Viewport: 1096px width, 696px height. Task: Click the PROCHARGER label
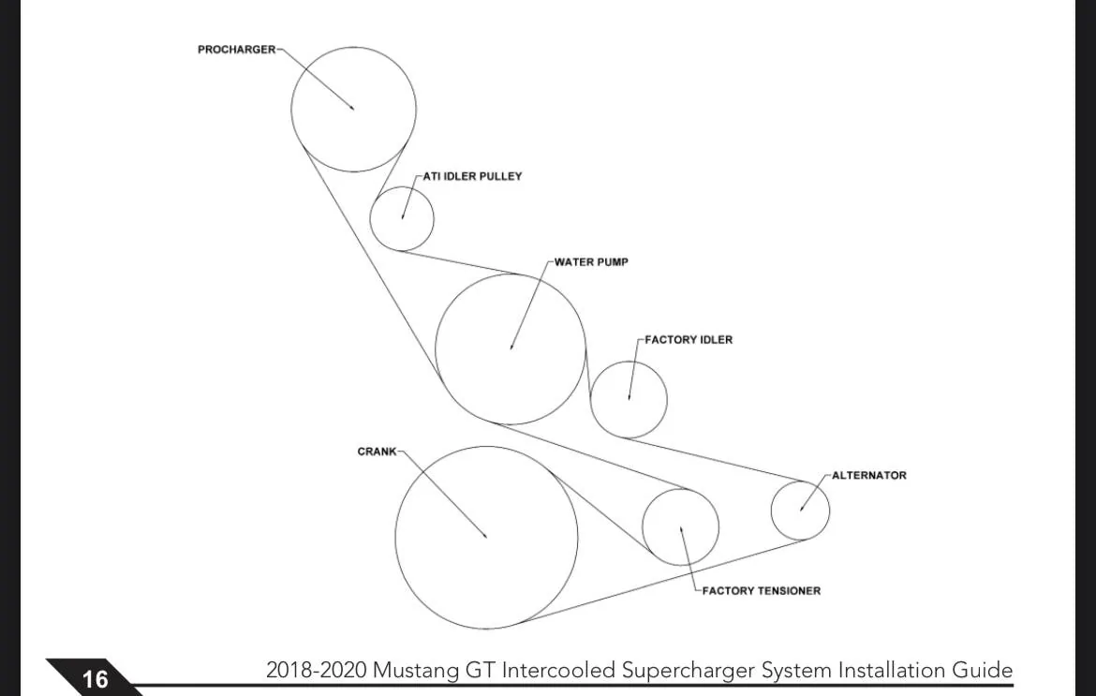(236, 50)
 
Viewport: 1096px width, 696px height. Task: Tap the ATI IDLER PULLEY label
(472, 176)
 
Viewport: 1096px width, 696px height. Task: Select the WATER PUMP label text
(591, 262)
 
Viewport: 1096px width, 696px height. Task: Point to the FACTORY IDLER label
(689, 340)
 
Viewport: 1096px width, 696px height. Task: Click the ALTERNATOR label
(868, 475)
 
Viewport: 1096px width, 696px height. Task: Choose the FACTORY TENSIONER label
(762, 590)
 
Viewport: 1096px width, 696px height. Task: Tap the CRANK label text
(377, 452)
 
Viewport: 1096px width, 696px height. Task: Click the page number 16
(95, 679)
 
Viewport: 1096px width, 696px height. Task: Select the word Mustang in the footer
(416, 671)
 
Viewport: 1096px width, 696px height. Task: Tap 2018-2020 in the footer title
(316, 670)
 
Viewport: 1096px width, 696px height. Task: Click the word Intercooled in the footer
(558, 670)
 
